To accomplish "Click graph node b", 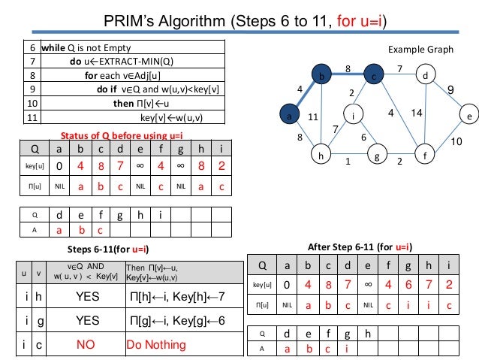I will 322,76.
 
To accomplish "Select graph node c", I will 373,76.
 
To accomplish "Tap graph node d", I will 426,76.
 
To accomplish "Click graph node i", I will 352,116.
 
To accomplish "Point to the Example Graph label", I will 420,49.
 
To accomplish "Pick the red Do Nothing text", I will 156,345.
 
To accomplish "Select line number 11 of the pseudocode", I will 32,118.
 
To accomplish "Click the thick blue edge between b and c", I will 348,75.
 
